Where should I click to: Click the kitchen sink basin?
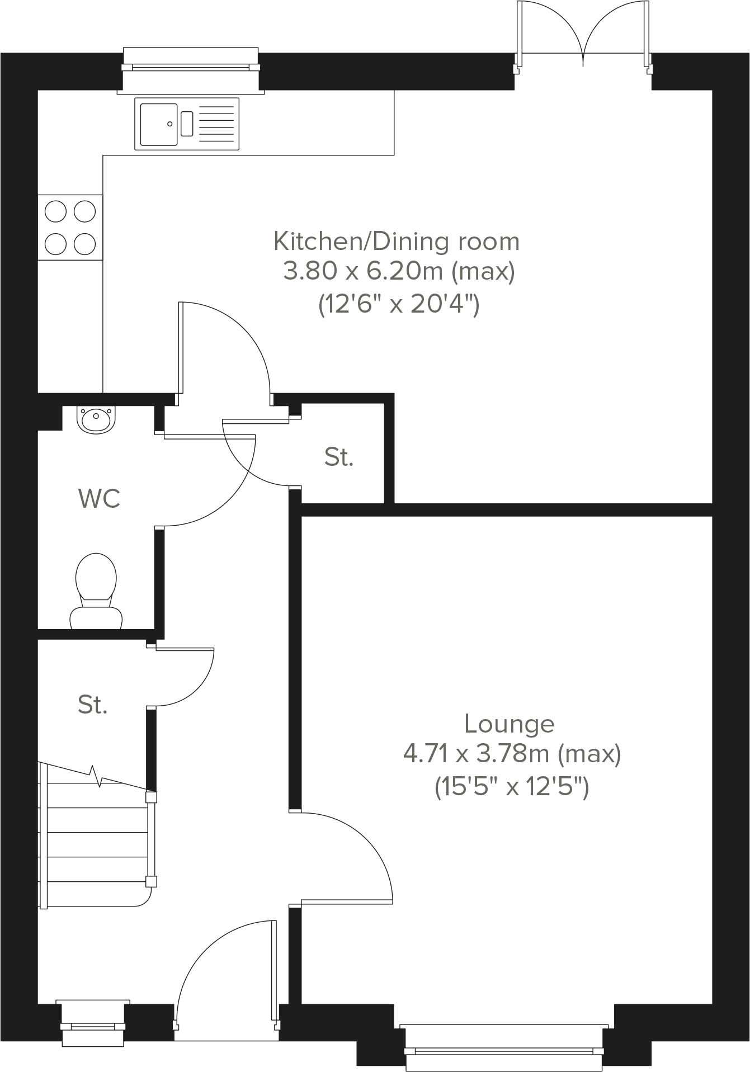click(x=158, y=124)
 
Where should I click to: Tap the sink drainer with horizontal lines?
click(x=216, y=124)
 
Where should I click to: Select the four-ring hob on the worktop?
click(x=70, y=227)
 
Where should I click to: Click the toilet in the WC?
click(x=96, y=592)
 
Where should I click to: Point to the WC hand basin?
click(x=96, y=420)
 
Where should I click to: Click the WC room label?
click(x=100, y=498)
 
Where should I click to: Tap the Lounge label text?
click(x=509, y=724)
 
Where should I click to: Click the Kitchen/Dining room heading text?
click(x=396, y=242)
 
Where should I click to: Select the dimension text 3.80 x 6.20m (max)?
click(x=398, y=272)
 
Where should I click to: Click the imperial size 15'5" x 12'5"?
click(x=512, y=788)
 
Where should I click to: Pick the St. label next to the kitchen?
click(x=339, y=457)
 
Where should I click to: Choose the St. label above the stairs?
click(x=92, y=705)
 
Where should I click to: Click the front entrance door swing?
click(x=224, y=973)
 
